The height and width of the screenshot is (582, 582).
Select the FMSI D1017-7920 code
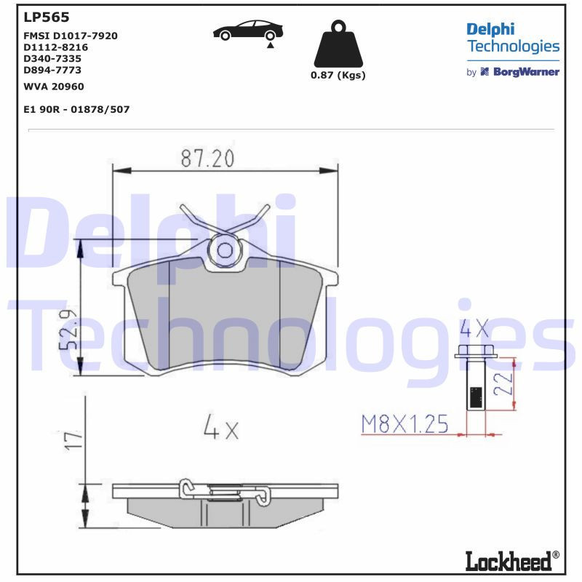tap(71, 35)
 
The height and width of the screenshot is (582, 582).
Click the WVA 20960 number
tap(54, 87)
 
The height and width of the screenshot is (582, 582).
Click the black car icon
tap(247, 32)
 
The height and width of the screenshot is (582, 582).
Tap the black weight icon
tap(338, 45)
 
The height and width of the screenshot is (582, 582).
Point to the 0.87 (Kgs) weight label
tap(338, 76)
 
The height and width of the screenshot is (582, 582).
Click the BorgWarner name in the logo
tap(526, 72)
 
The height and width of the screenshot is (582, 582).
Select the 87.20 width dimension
tap(207, 158)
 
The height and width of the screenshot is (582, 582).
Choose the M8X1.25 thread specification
tap(404, 424)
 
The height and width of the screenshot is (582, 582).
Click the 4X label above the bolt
tap(475, 329)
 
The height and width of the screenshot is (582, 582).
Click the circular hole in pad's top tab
tap(225, 251)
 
